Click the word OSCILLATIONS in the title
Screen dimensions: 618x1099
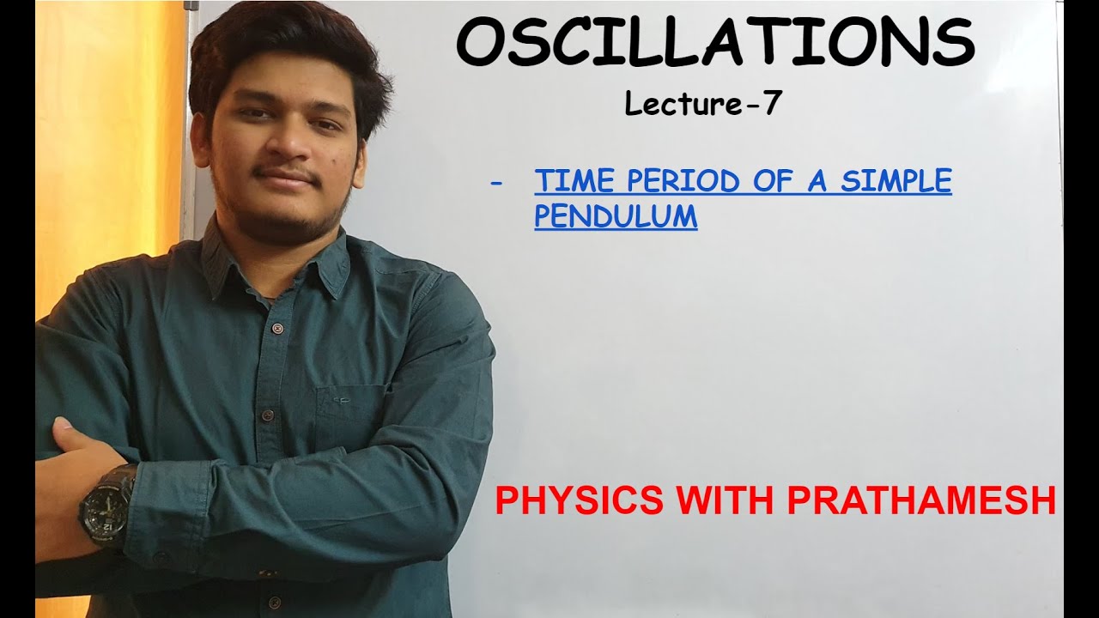tap(714, 44)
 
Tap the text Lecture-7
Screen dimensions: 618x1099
tap(703, 105)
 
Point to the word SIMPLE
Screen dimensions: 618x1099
tap(896, 181)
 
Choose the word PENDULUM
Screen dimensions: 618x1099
tap(616, 216)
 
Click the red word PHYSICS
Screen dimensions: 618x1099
tap(579, 501)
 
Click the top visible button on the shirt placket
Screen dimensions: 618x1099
tap(276, 328)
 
